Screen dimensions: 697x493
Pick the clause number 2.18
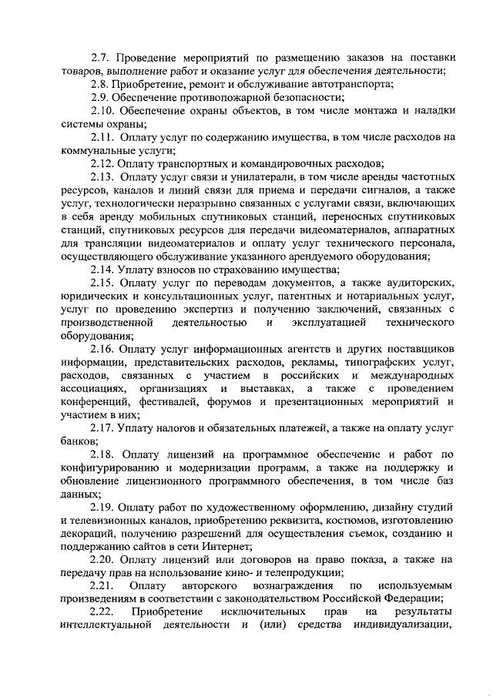click(x=103, y=455)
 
